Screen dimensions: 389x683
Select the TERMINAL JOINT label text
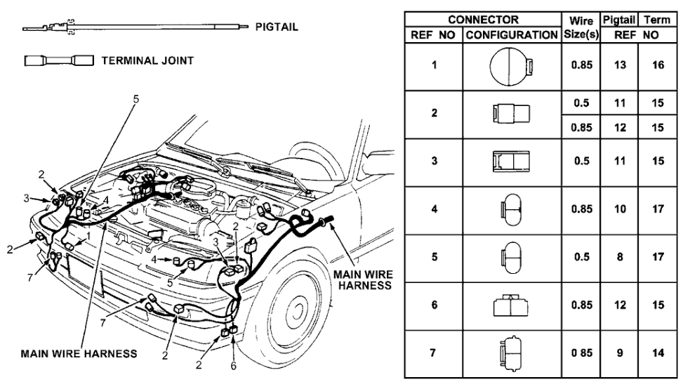point(147,60)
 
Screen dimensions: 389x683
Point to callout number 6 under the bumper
point(234,365)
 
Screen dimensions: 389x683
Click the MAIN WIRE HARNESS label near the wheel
point(363,279)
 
